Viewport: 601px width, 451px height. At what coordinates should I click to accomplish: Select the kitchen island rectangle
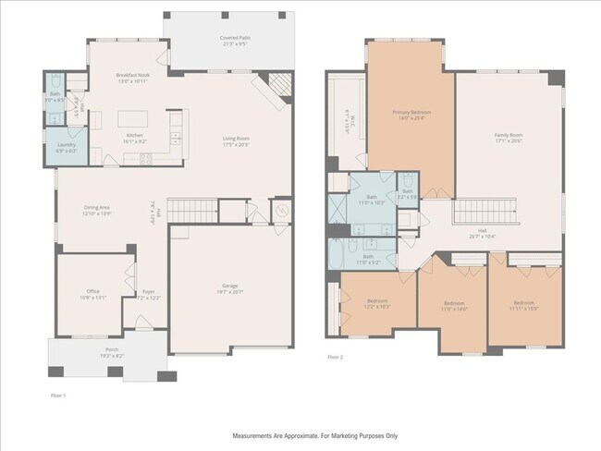point(133,118)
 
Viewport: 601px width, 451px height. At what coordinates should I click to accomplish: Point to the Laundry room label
point(66,144)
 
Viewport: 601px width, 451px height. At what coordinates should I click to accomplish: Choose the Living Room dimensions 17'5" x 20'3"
point(237,145)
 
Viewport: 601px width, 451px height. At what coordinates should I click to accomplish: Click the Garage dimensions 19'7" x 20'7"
point(230,291)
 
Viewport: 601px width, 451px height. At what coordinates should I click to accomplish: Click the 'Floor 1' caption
point(58,395)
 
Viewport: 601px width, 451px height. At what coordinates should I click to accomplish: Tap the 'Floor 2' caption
point(335,356)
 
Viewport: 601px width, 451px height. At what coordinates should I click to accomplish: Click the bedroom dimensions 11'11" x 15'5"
point(524,308)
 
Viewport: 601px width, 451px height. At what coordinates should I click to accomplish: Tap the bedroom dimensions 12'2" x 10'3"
point(377,306)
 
